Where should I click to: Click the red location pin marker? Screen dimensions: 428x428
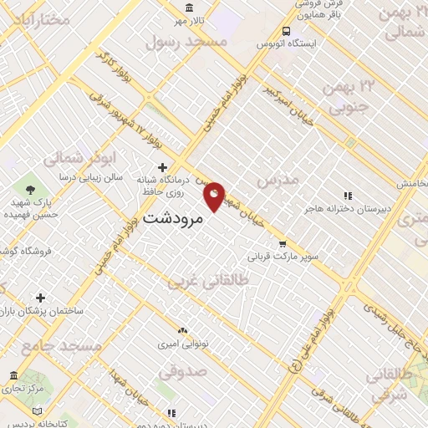point(215,196)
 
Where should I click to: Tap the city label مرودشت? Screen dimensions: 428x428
point(174,218)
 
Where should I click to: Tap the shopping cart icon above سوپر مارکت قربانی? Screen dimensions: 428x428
point(283,243)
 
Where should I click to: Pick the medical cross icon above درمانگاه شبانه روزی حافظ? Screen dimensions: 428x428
point(162,167)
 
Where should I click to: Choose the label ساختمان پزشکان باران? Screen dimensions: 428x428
point(42,311)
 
